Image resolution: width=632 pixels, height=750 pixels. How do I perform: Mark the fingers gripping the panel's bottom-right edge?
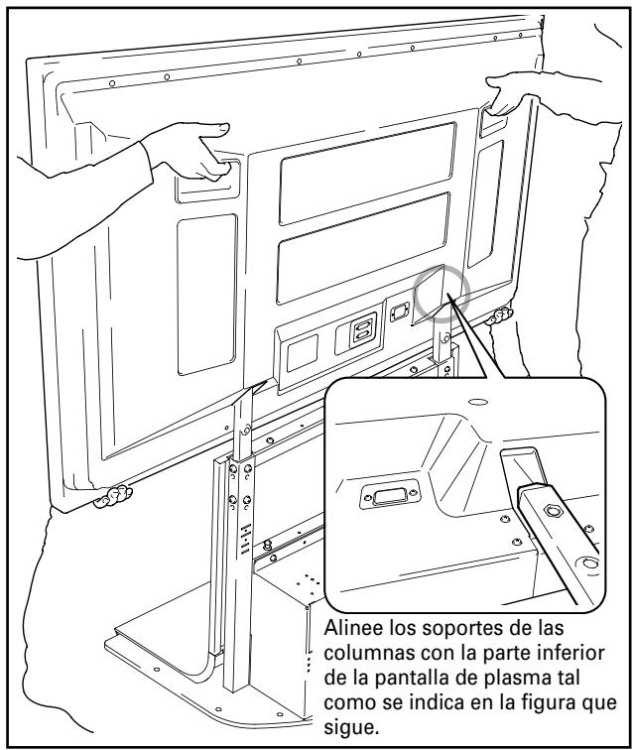502,317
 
